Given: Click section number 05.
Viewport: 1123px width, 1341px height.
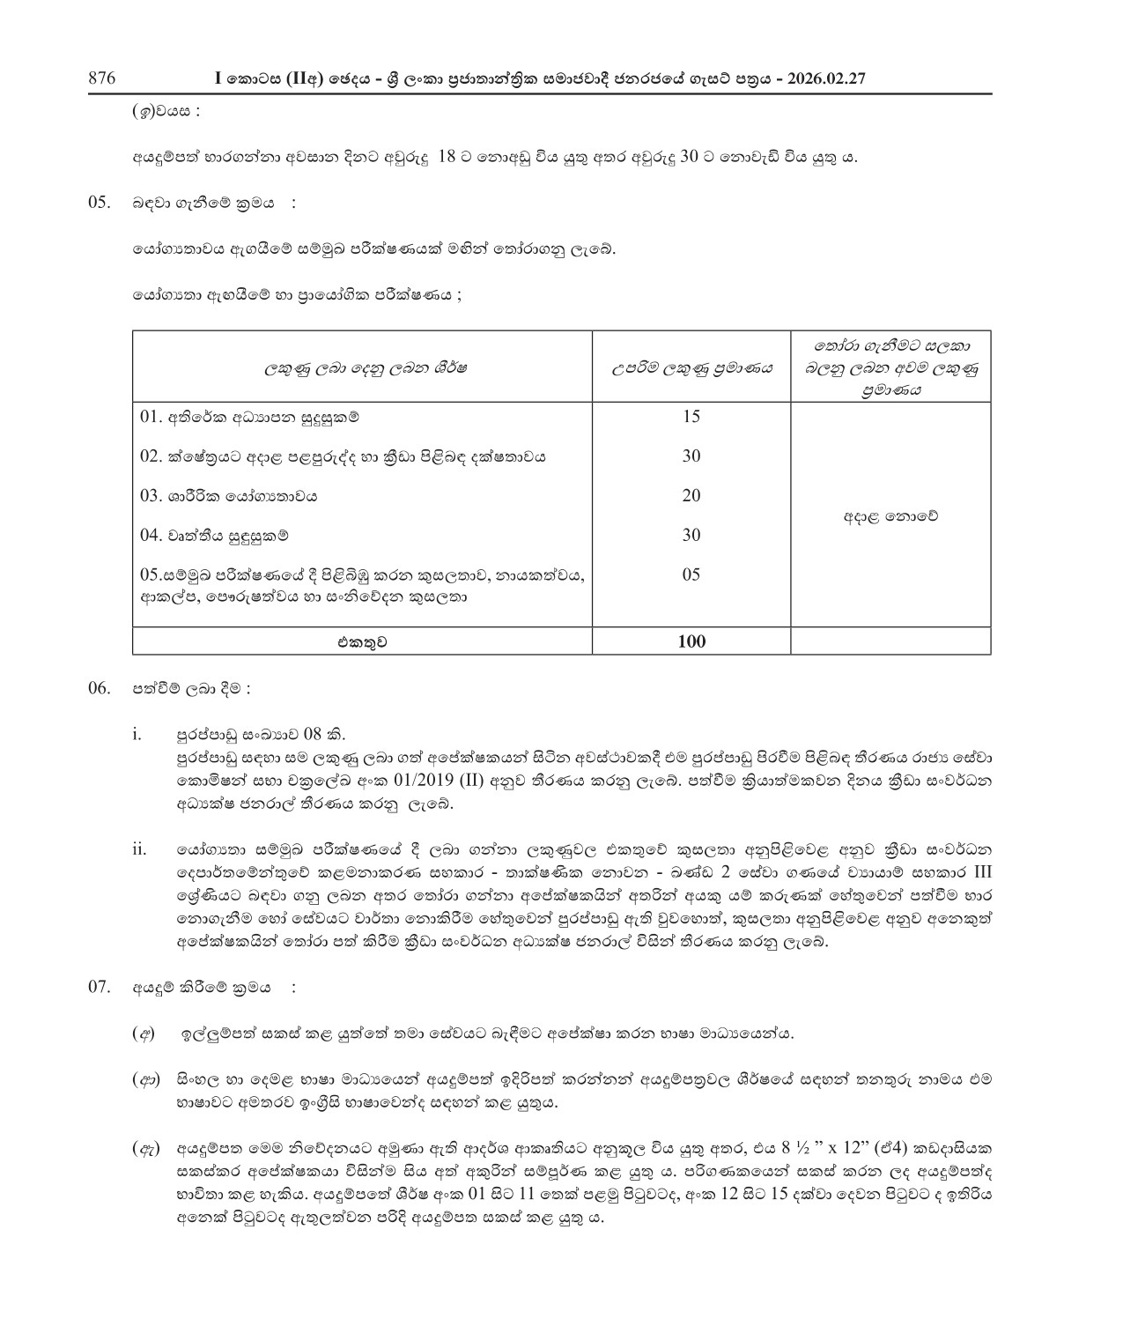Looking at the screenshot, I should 98,202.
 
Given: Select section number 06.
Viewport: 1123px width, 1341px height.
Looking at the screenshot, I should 98,689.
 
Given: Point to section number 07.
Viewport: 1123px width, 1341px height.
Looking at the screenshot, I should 98,986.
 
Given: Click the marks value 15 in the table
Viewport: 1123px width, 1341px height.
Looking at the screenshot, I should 691,417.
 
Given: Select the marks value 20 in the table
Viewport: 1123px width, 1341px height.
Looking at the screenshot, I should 691,496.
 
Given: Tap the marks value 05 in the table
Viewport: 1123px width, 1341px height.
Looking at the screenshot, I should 691,575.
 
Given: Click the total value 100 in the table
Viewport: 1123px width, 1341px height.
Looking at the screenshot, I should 691,641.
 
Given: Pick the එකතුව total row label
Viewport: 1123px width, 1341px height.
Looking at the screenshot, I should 362,642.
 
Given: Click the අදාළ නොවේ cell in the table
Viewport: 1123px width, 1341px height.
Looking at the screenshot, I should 890,516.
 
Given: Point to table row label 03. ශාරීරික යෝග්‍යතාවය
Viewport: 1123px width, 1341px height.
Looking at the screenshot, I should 229,496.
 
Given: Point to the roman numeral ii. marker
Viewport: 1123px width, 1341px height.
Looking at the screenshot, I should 139,849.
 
